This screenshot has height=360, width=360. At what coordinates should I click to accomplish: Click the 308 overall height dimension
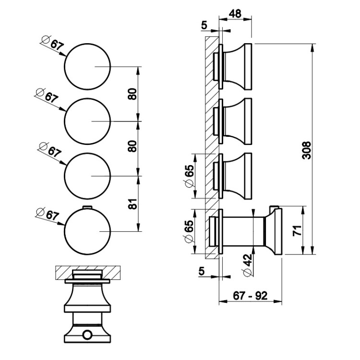pyautogui.click(x=307, y=150)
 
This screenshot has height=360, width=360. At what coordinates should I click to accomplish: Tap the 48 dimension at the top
pyautogui.click(x=235, y=14)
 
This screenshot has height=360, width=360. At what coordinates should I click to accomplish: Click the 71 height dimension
pyautogui.click(x=298, y=230)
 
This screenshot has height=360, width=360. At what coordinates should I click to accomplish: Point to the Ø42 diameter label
pyautogui.click(x=247, y=265)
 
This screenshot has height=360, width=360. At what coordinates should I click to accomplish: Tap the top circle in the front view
pyautogui.click(x=87, y=66)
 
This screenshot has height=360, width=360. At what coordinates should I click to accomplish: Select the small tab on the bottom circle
pyautogui.click(x=86, y=207)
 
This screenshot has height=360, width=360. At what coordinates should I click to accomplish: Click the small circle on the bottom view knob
pyautogui.click(x=87, y=334)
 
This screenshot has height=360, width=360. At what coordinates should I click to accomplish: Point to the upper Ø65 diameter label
pyautogui.click(x=189, y=176)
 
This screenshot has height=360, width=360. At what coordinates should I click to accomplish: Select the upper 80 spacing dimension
pyautogui.click(x=134, y=93)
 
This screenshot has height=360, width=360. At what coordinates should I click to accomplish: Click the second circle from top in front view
pyautogui.click(x=87, y=121)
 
